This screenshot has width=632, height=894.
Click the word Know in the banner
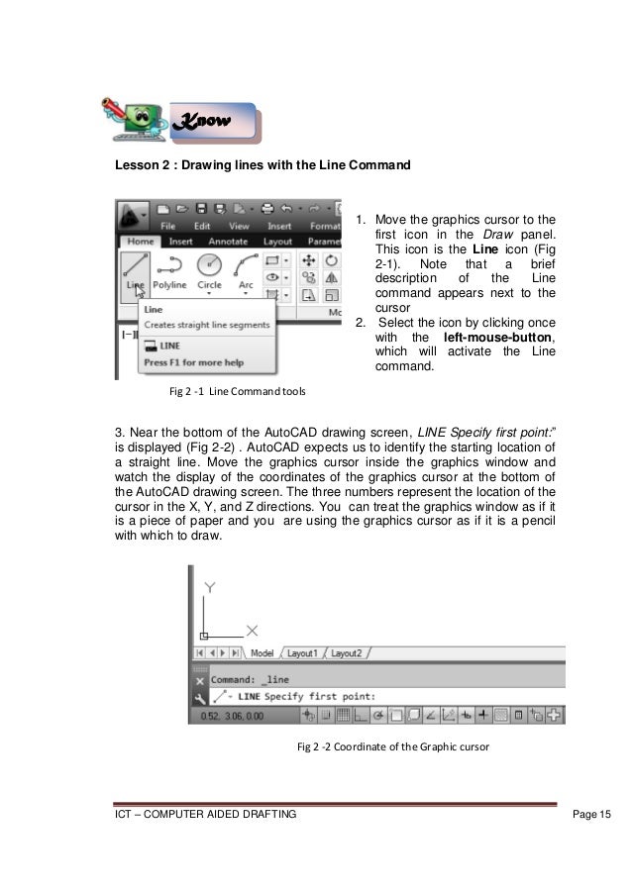(202, 122)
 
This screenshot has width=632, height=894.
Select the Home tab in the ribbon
(139, 240)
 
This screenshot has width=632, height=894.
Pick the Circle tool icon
(209, 265)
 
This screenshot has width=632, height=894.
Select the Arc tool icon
(245, 265)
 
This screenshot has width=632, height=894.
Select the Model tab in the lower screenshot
(263, 653)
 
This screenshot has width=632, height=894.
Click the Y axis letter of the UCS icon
(209, 587)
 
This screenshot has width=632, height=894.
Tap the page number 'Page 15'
(593, 814)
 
